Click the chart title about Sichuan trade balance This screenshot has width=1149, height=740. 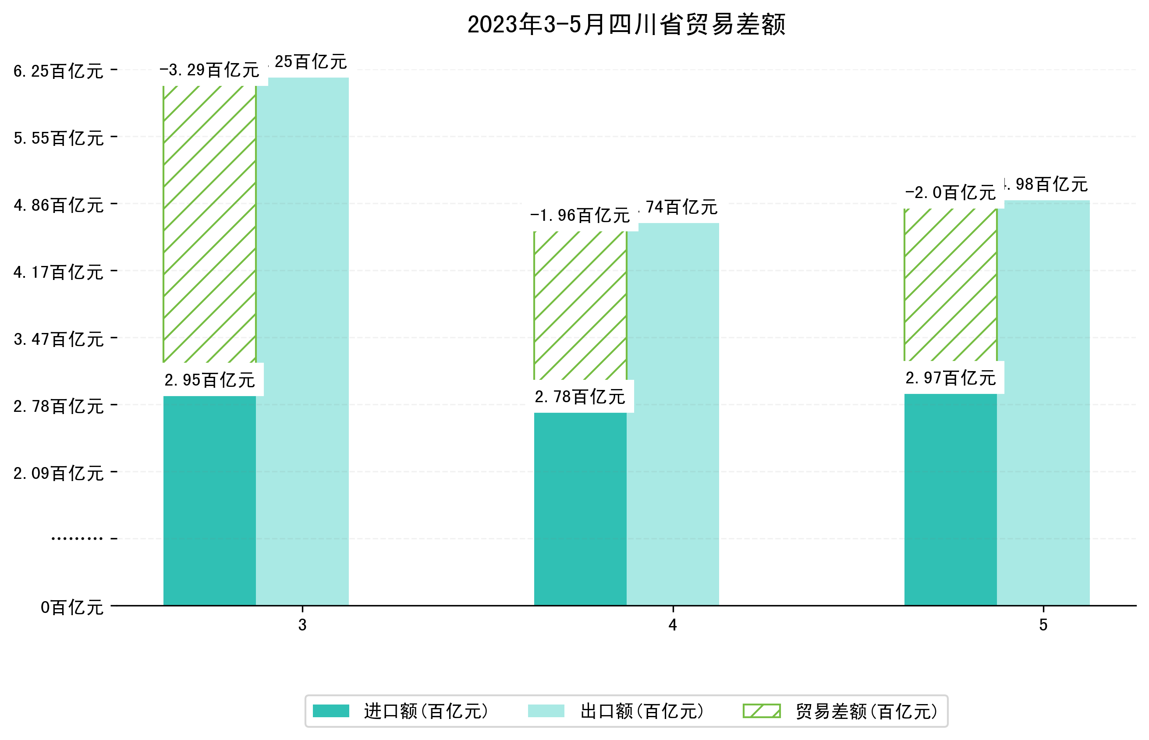(626, 25)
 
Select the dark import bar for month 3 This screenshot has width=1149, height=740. (209, 500)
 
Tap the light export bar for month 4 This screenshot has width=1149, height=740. (673, 413)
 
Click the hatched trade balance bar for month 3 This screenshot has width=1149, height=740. (209, 223)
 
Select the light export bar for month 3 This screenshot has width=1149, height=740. (302, 341)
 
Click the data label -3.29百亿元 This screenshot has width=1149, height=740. (209, 71)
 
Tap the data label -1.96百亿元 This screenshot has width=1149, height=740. (580, 216)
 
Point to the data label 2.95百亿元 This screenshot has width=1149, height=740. (209, 380)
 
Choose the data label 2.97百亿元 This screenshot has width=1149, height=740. (950, 378)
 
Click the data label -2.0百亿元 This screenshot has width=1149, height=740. (950, 193)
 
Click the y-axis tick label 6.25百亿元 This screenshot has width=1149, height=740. (58, 71)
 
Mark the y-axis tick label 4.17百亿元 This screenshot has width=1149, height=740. (58, 273)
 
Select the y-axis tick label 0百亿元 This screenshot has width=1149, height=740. (71, 607)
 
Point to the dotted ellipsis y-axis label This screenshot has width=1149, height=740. (77, 538)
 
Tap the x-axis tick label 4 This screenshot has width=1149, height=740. (672, 625)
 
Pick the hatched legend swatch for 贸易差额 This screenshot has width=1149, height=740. (761, 711)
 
